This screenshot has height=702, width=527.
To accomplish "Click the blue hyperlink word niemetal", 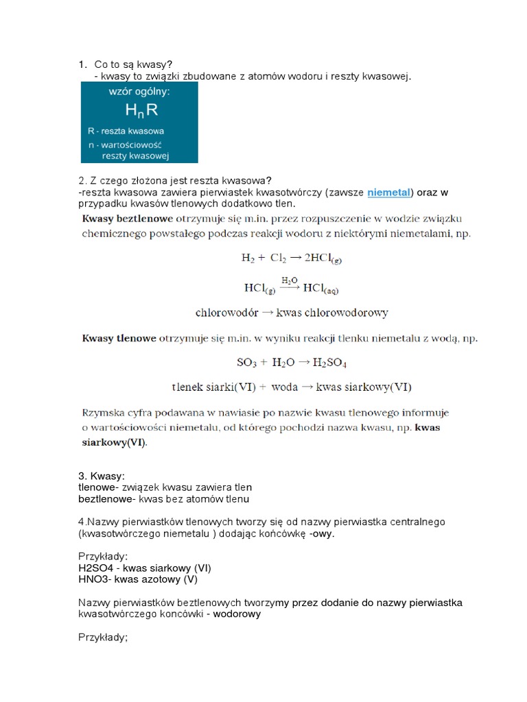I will click(388, 193).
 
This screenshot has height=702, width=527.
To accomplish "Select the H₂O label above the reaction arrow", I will click(290, 280).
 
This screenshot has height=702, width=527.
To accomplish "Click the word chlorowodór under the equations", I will click(227, 313).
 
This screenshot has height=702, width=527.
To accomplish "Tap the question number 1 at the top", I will click(82, 64).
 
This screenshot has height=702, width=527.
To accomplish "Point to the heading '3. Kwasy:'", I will click(102, 476).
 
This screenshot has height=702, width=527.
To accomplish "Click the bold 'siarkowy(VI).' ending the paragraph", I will click(114, 442).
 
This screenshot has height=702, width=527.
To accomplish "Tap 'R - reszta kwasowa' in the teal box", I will click(126, 130).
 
